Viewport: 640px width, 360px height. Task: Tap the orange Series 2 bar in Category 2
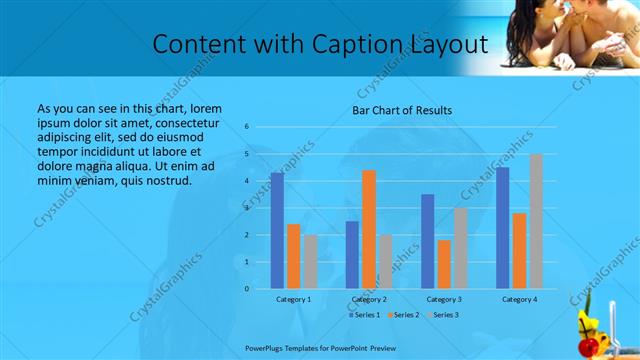tap(369, 229)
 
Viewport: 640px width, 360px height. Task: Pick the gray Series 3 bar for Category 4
tap(536, 221)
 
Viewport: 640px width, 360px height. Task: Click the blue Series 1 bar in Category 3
tap(428, 241)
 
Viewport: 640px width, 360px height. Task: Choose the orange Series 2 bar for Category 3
tap(444, 264)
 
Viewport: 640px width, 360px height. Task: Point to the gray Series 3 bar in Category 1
tap(310, 262)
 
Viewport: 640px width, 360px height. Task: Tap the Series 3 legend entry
tap(443, 315)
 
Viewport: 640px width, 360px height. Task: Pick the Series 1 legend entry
tap(363, 315)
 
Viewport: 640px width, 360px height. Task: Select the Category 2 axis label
tap(369, 299)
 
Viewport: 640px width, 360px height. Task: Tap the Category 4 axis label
tap(519, 299)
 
